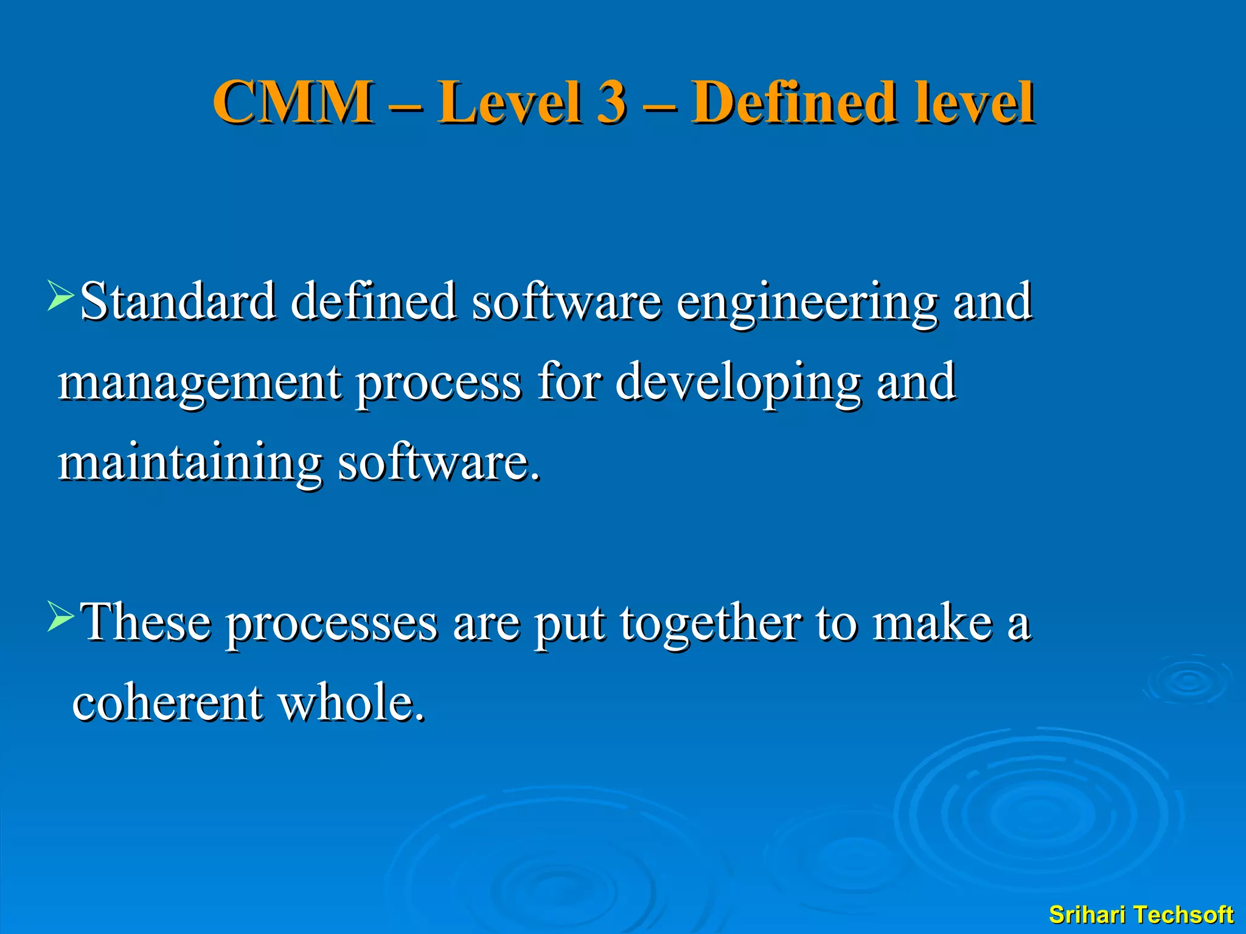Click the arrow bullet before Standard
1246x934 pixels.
point(61,296)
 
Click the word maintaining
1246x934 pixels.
point(189,463)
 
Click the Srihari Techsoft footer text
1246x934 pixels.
point(1141,915)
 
